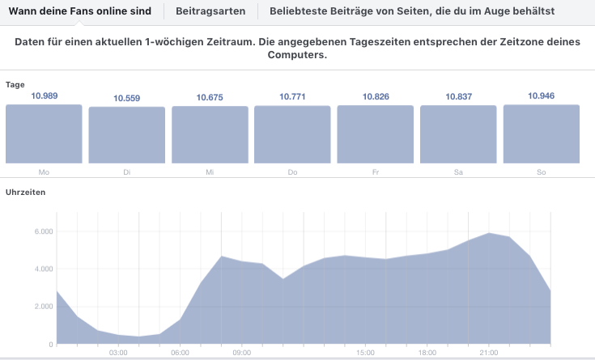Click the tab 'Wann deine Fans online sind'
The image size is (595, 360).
(x=80, y=11)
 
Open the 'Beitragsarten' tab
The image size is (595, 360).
(x=210, y=11)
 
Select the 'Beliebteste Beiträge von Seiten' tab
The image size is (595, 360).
(x=412, y=11)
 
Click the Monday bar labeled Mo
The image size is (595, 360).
(x=44, y=134)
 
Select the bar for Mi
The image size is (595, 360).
(x=210, y=135)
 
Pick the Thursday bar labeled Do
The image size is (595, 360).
(x=292, y=135)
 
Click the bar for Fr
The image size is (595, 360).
(x=375, y=135)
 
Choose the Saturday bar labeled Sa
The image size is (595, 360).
(x=458, y=135)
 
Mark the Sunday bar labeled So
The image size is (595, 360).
(x=541, y=134)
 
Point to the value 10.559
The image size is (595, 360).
(x=127, y=98)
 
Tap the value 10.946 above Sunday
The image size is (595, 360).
(x=541, y=96)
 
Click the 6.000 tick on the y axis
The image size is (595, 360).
(x=42, y=231)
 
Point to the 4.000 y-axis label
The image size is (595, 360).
(x=42, y=269)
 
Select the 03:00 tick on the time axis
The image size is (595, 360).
(x=118, y=353)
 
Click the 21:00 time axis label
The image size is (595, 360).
(x=489, y=353)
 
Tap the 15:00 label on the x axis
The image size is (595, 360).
(x=365, y=353)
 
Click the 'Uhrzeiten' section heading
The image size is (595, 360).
(x=26, y=193)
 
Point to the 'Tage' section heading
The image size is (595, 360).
(x=15, y=84)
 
